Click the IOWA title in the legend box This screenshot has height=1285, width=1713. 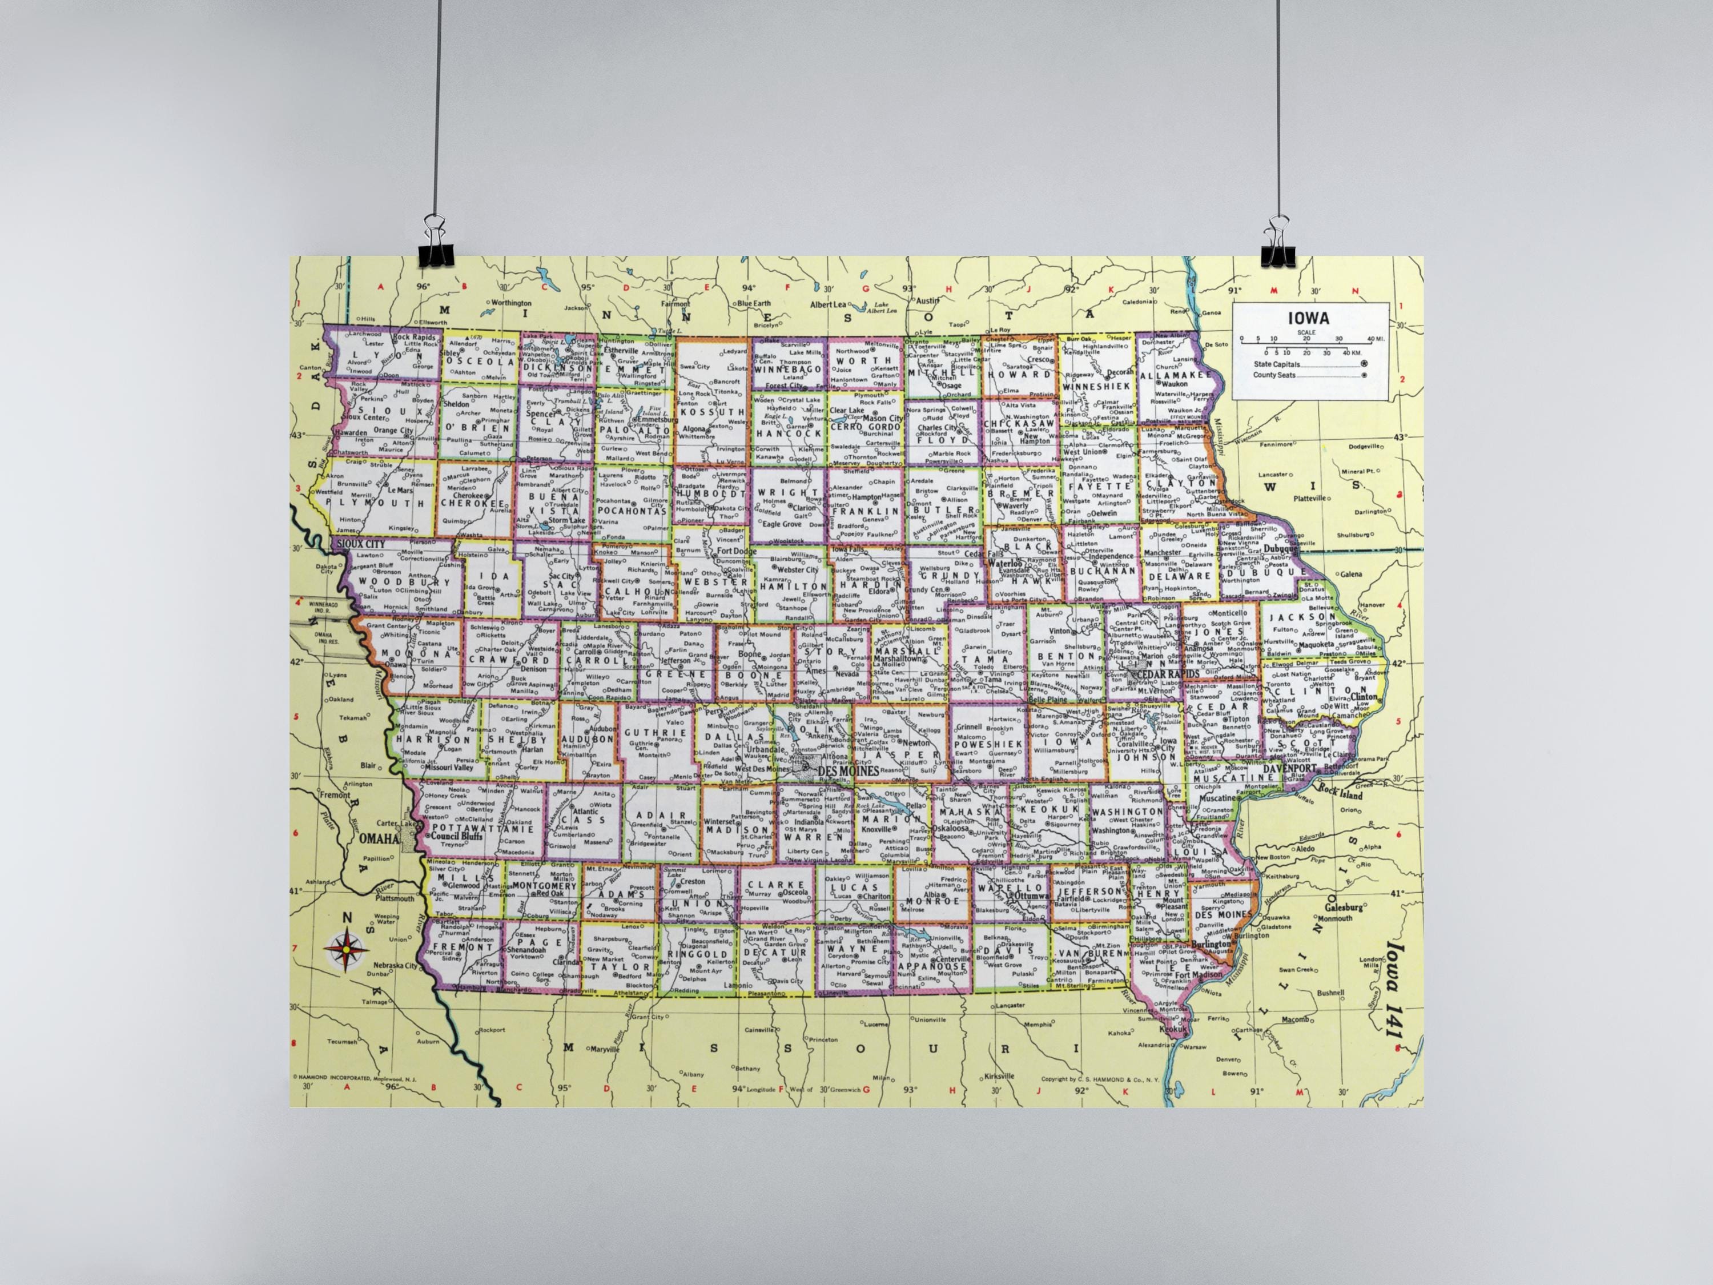pyautogui.click(x=1309, y=318)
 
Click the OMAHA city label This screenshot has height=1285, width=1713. pyautogui.click(x=379, y=838)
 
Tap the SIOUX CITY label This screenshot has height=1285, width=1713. pyautogui.click(x=361, y=544)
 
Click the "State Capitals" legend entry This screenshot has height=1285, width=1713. pyautogui.click(x=1276, y=364)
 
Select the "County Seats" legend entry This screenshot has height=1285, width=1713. pyautogui.click(x=1274, y=375)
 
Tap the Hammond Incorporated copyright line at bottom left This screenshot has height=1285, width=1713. pyautogui.click(x=354, y=1078)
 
